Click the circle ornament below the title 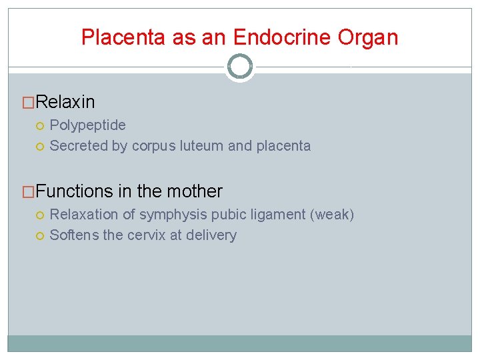point(240,67)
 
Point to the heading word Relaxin point(65,102)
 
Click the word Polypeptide point(87,125)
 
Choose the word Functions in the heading point(75,191)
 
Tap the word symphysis point(171,215)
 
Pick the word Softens point(74,235)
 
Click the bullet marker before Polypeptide point(41,125)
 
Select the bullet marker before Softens point(41,235)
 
